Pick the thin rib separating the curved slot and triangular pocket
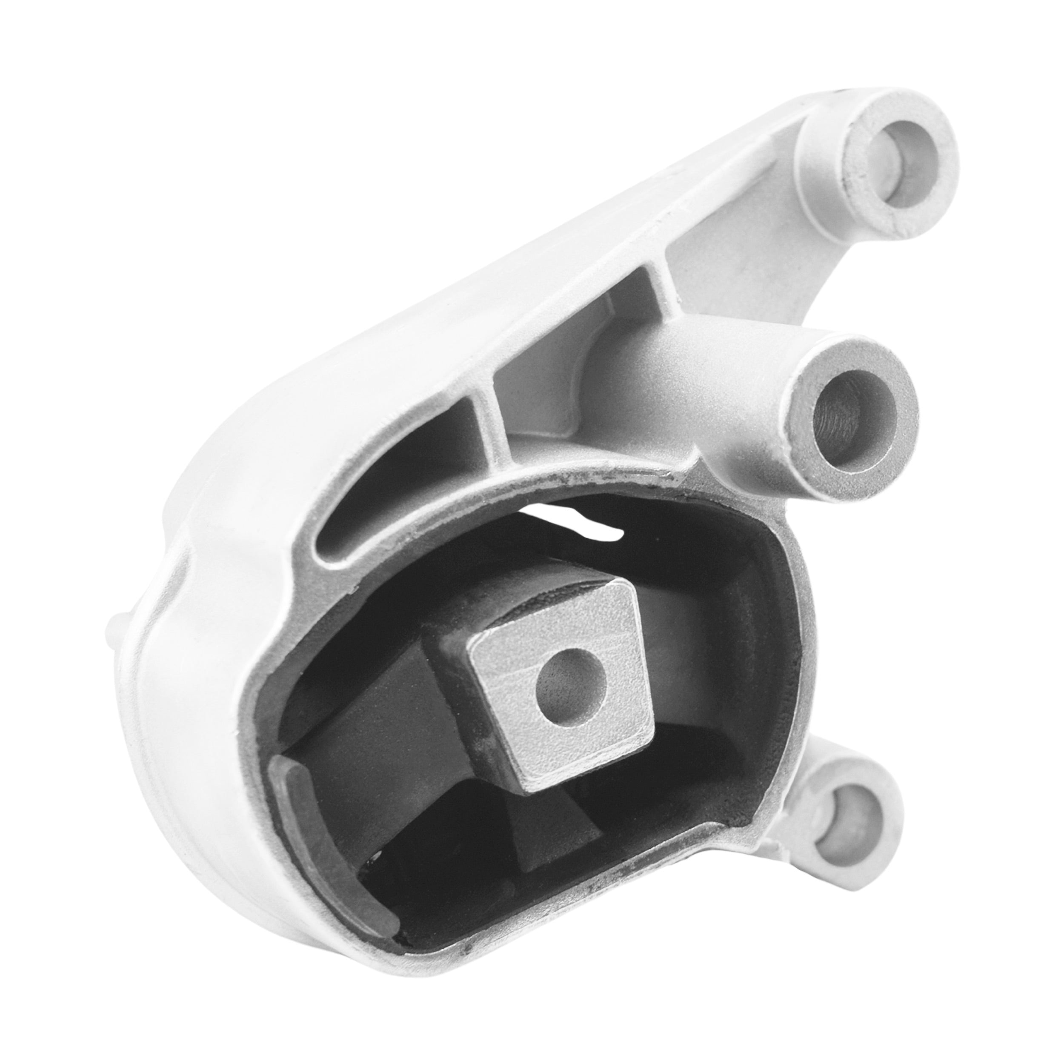[485, 408]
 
